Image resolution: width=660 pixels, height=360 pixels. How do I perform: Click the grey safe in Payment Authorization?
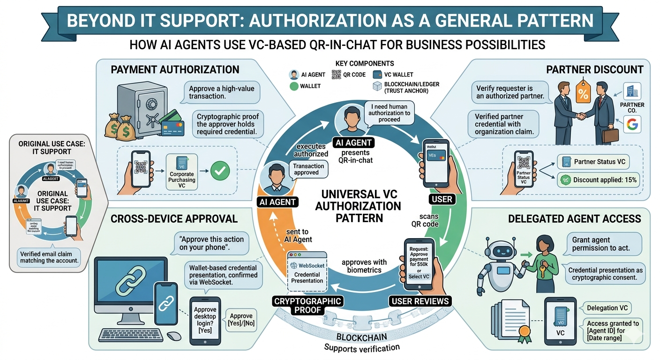coord(142,108)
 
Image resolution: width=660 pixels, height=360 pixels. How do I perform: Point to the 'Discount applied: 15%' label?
coord(598,180)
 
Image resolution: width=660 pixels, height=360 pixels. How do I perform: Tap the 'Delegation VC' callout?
coord(608,308)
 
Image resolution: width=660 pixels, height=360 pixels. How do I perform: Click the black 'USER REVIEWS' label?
coord(420,301)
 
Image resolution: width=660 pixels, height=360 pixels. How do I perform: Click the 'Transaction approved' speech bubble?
coord(308,169)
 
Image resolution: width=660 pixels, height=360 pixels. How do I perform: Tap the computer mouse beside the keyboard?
coord(174,336)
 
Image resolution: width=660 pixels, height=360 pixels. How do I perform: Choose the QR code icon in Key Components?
coord(336,74)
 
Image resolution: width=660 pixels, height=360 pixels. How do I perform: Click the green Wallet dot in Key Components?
coord(294,86)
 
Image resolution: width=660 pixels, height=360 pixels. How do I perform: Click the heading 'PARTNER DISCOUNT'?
coord(594,69)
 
